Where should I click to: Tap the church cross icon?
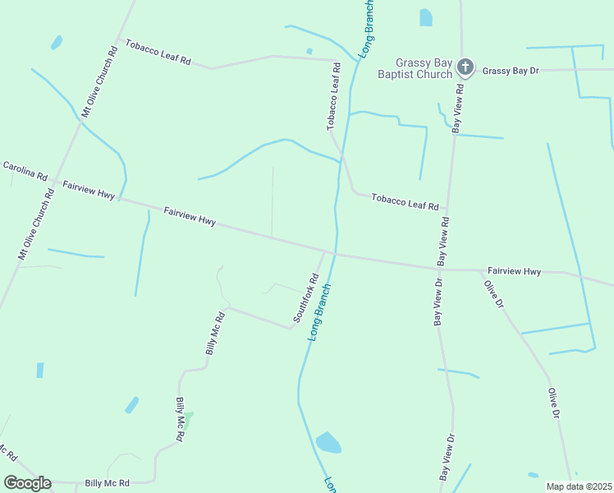(x=465, y=67)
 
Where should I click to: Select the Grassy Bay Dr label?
(x=511, y=71)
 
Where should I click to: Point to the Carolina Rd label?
(x=25, y=170)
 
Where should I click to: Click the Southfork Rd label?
(x=305, y=297)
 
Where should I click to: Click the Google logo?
(x=27, y=483)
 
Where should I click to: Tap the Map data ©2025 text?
(x=579, y=486)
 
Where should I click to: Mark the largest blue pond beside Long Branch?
(x=328, y=443)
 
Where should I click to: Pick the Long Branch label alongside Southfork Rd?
(x=319, y=313)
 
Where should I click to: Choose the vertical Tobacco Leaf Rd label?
(x=334, y=97)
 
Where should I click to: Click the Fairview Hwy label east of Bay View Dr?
(x=514, y=270)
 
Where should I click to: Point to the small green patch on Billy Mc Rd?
(x=188, y=421)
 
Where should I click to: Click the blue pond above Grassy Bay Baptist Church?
(x=425, y=17)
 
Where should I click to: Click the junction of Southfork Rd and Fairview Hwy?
(x=323, y=251)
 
